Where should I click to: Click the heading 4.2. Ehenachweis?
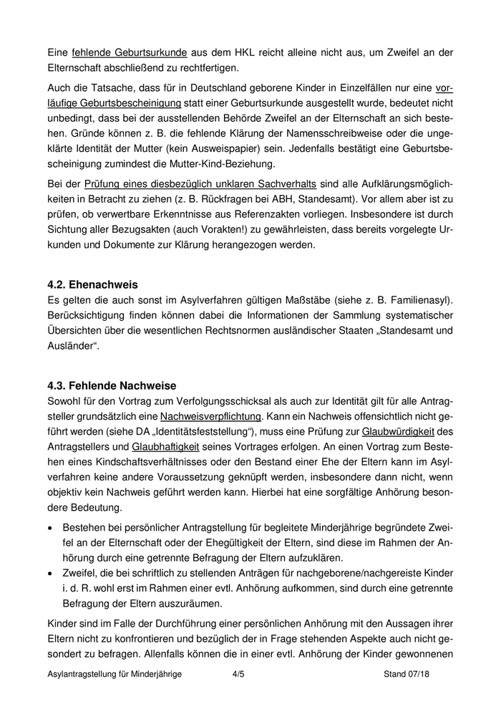92,284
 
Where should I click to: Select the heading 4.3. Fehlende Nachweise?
112,387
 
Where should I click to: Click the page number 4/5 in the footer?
239,674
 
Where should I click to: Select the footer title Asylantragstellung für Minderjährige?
115,674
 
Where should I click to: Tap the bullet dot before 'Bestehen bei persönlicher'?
51,527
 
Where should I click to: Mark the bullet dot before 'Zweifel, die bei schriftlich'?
51,574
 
